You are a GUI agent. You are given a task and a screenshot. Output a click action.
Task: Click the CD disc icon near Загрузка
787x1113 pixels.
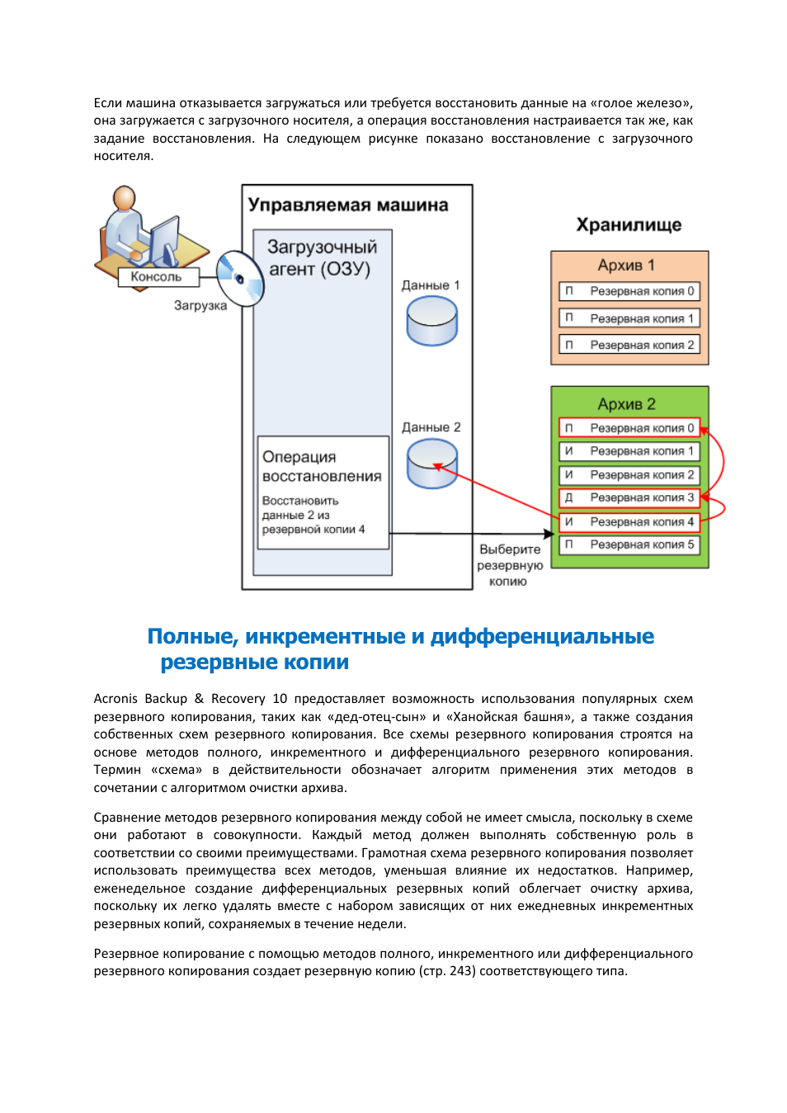pyautogui.click(x=240, y=279)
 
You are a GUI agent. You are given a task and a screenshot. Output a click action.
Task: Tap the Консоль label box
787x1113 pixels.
pyautogui.click(x=157, y=277)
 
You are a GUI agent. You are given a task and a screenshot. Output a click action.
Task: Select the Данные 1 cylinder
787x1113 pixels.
pyautogui.click(x=431, y=320)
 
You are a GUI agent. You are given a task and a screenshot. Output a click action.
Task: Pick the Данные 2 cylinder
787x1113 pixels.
pyautogui.click(x=431, y=463)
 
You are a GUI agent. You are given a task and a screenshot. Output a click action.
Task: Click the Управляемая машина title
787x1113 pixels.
pyautogui.click(x=348, y=205)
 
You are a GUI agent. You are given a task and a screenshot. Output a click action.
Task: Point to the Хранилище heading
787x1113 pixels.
pyautogui.click(x=629, y=225)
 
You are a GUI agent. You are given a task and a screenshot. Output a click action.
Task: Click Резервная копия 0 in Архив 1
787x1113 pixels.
pyautogui.click(x=629, y=291)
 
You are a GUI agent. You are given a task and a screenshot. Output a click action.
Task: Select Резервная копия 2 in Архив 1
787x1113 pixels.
pyautogui.click(x=629, y=345)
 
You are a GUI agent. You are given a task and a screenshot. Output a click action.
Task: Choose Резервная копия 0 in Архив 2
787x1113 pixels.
pyautogui.click(x=629, y=428)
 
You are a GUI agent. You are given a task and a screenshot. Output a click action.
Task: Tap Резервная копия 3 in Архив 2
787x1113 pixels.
pyautogui.click(x=629, y=498)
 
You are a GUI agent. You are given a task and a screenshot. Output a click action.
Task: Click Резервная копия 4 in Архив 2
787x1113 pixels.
pyautogui.click(x=629, y=521)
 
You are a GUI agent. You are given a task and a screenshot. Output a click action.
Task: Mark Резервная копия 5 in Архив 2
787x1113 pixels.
pyautogui.click(x=629, y=545)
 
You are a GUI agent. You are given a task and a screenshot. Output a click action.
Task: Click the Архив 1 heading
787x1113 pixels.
pyautogui.click(x=626, y=266)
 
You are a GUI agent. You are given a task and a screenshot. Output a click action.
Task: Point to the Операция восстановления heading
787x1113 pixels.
pyautogui.click(x=322, y=466)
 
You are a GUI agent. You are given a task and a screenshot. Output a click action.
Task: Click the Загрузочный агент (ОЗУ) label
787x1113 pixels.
pyautogui.click(x=321, y=258)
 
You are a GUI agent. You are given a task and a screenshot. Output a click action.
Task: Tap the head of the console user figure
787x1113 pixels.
pyautogui.click(x=125, y=198)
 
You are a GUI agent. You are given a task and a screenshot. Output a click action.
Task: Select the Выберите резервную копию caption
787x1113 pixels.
pyautogui.click(x=509, y=565)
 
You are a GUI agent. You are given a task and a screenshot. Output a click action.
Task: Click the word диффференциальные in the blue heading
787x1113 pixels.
pyautogui.click(x=542, y=636)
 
